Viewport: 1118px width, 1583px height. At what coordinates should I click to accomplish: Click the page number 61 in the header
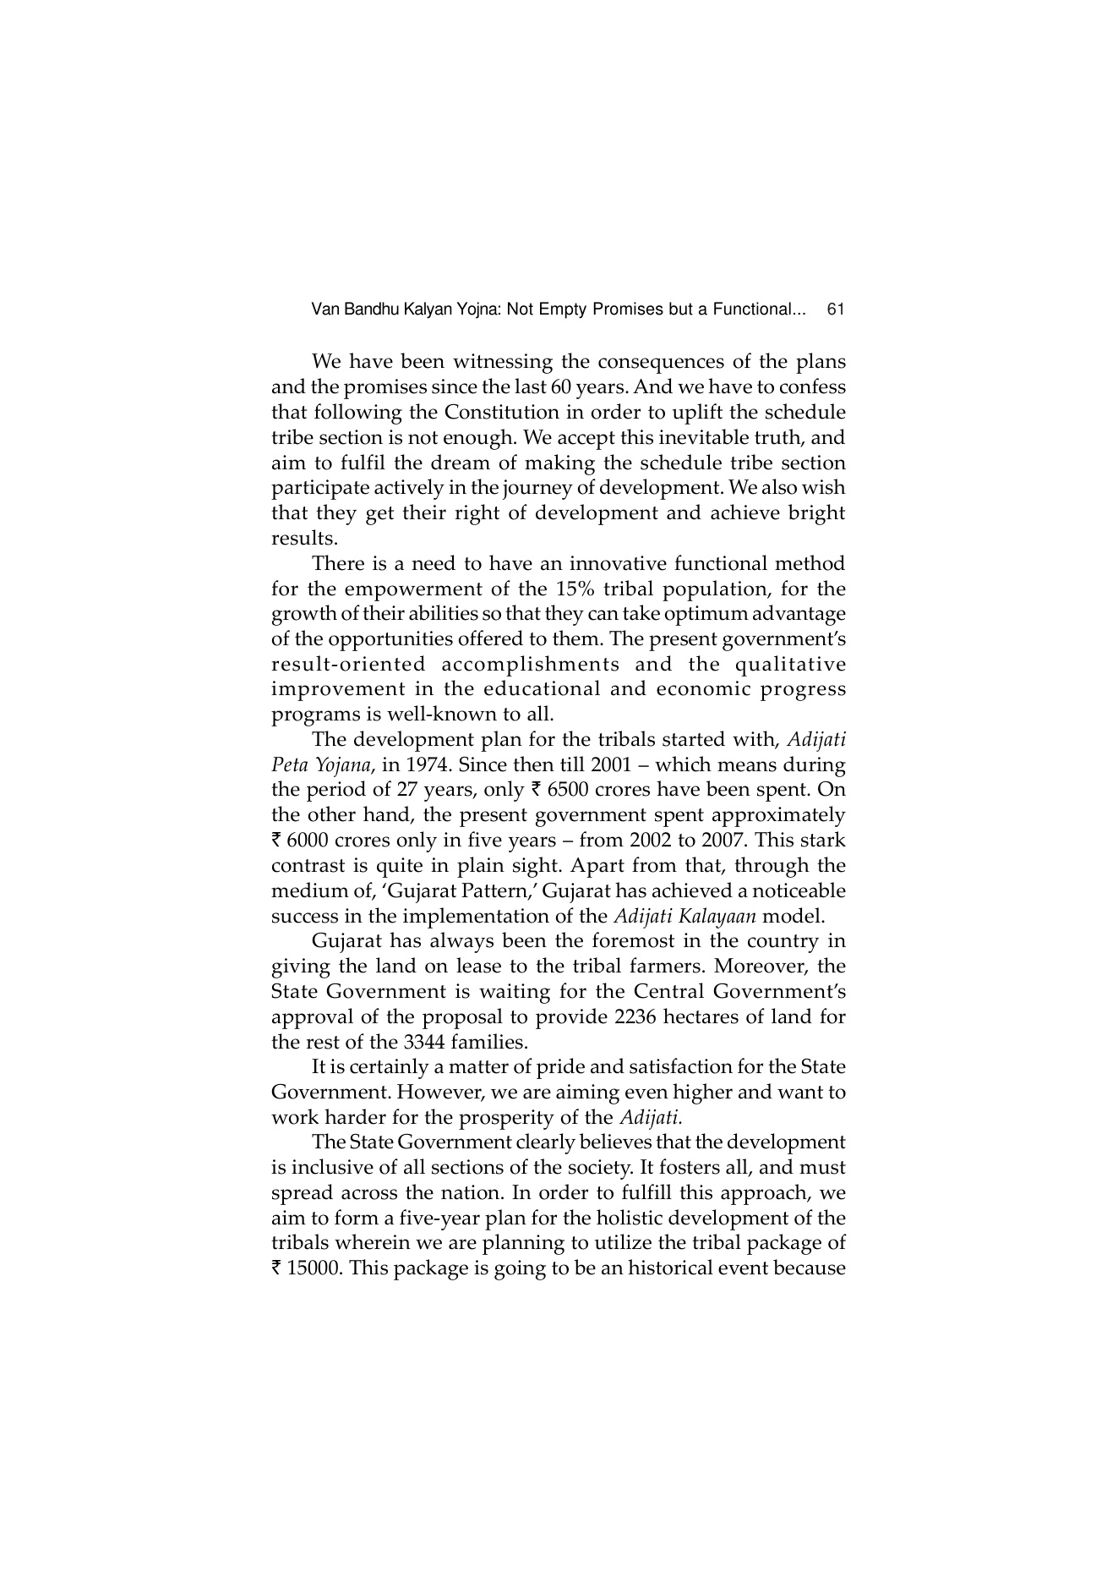(x=836, y=309)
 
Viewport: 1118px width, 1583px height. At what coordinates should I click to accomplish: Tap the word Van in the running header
(x=325, y=309)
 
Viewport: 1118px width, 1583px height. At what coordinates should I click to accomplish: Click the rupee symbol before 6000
(x=277, y=841)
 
